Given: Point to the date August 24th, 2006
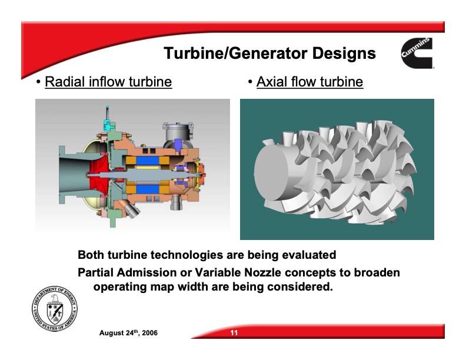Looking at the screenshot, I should click(128, 334).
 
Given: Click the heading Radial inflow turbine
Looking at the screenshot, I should click(108, 81).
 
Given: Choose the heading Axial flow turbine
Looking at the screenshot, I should click(309, 81).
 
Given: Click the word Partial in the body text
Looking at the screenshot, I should click(96, 273).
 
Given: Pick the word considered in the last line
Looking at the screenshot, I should click(298, 288).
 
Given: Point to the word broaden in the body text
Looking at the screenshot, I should click(377, 273).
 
